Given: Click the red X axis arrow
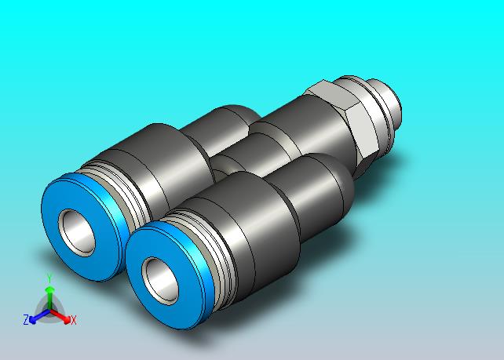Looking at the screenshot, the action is pyautogui.click(x=60, y=316).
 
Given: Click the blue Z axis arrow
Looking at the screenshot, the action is pyautogui.click(x=39, y=316).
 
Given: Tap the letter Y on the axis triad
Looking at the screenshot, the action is pyautogui.click(x=49, y=278).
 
